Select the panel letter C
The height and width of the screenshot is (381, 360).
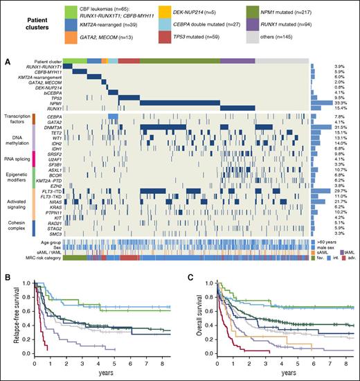tap(185, 238)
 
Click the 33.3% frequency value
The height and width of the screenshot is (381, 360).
tap(336, 104)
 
